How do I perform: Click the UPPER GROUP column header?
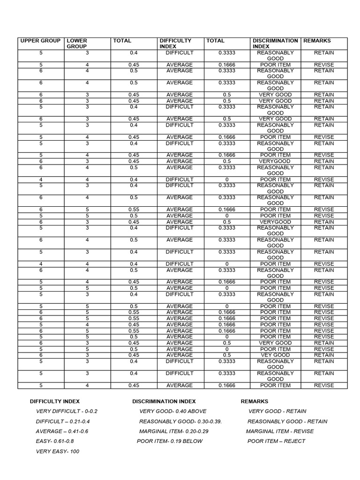pos(40,41)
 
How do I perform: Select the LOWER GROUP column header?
pos(76,44)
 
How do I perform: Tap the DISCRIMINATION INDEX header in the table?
pos(275,44)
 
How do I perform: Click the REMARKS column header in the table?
pos(317,41)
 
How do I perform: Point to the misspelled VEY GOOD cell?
pos(275,355)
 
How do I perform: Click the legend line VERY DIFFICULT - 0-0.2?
pos(67,411)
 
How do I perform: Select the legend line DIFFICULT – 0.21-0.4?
pos(66,421)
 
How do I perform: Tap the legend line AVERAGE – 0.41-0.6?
pos(62,431)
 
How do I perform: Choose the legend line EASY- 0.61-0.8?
pos(55,441)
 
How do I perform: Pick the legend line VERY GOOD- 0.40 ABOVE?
pos(172,411)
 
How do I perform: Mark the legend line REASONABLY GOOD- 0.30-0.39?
pos(180,421)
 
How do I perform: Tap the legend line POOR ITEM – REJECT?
pos(276,441)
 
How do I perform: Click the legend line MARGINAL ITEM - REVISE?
pos(280,431)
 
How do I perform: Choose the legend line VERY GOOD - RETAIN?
pos(277,411)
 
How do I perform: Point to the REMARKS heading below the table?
pos(255,401)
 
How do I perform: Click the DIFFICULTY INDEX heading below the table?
pos(55,401)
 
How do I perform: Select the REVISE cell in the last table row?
pos(324,385)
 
